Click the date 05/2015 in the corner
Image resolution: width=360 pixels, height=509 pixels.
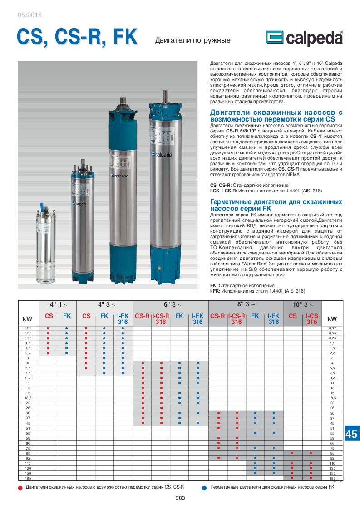click(x=30, y=15)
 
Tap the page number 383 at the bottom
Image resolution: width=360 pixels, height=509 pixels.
click(x=180, y=498)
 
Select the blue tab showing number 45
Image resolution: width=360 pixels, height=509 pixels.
click(x=352, y=434)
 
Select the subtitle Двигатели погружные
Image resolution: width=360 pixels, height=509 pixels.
click(x=193, y=40)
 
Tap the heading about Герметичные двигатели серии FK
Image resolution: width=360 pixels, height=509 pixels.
click(x=276, y=205)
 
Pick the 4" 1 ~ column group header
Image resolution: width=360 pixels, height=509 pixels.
click(x=58, y=304)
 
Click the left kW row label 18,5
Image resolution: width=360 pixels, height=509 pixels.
click(x=28, y=397)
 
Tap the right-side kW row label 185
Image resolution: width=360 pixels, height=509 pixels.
click(x=332, y=478)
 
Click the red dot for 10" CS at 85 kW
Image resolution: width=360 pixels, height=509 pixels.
click(x=293, y=453)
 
